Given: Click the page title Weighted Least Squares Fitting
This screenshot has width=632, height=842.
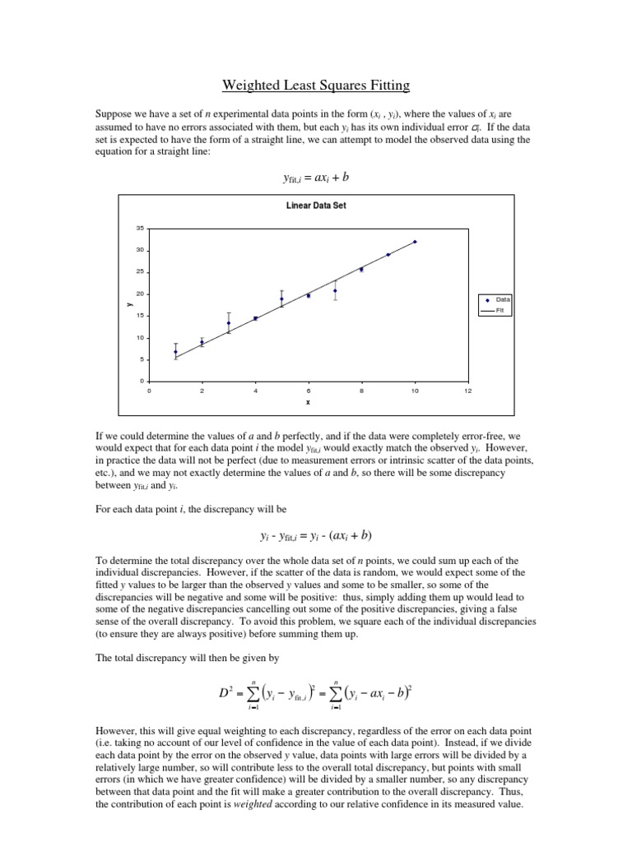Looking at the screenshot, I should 316,85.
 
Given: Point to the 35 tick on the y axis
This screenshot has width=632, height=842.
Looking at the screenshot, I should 139,228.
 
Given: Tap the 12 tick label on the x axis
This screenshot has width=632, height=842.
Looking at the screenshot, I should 467,391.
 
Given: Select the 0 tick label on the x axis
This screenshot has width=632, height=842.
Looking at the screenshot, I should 149,391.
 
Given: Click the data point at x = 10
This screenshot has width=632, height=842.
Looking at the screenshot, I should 415,242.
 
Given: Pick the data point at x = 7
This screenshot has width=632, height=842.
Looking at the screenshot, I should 335,290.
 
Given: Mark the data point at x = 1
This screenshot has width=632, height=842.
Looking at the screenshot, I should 175,352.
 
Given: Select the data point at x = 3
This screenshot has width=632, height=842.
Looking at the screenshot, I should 229,322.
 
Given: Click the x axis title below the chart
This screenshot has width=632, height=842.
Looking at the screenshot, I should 308,403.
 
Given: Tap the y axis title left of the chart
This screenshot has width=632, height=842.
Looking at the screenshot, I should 129,304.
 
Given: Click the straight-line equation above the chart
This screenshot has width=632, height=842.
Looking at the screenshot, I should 316,178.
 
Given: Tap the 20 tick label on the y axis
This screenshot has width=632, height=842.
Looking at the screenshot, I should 139,294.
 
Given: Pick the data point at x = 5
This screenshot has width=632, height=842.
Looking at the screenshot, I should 281,299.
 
